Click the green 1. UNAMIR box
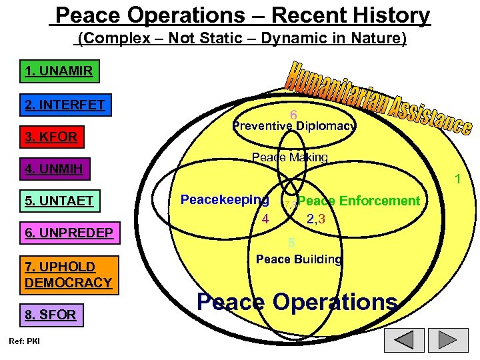tap(59, 71)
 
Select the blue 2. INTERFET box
tap(65, 105)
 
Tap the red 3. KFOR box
tap(51, 137)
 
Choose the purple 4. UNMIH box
tap(54, 169)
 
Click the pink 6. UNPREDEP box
tap(69, 233)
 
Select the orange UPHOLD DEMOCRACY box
tap(68, 275)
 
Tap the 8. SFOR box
tap(51, 314)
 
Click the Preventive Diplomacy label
tap(294, 126)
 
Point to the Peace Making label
tap(289, 157)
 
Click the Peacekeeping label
tap(225, 199)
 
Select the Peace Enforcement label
tap(359, 201)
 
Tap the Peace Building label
tap(299, 259)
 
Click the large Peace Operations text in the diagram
tap(297, 301)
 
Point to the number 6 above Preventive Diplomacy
tap(293, 115)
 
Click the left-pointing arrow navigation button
tap(405, 340)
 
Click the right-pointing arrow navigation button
tap(449, 340)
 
